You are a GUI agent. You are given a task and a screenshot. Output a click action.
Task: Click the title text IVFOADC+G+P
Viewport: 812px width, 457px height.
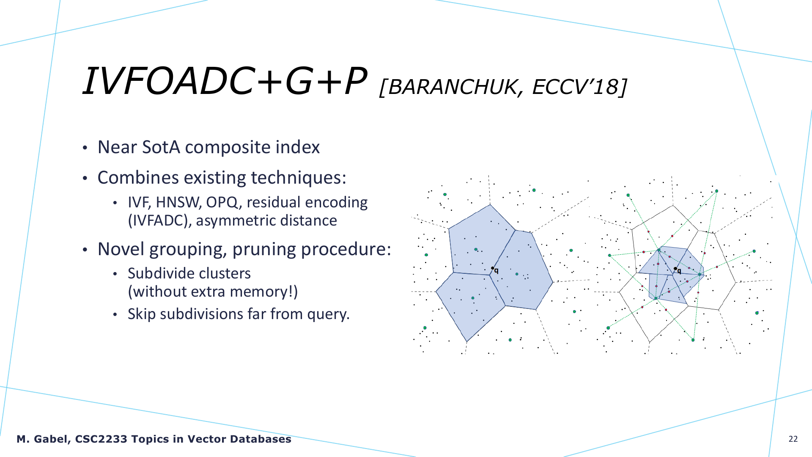tap(224, 81)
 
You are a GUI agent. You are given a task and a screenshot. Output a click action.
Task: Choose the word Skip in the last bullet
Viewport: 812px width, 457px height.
tap(142, 314)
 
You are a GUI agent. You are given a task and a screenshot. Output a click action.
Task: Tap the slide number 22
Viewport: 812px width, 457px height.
tap(793, 439)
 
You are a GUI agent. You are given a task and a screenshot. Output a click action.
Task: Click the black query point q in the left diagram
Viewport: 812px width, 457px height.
tap(492, 268)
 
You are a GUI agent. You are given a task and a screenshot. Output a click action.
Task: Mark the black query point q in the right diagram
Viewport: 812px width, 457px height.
tap(675, 269)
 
